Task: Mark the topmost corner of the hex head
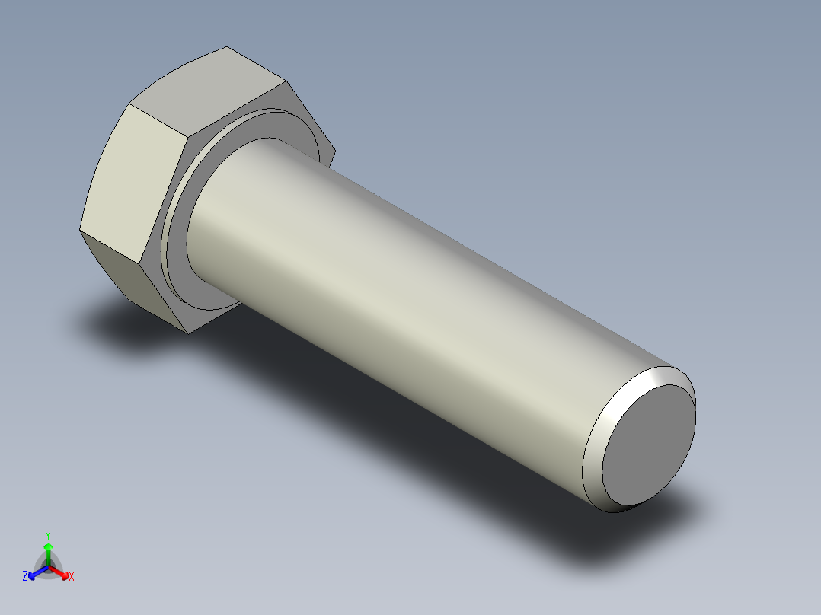click(227, 47)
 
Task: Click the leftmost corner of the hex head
click(80, 228)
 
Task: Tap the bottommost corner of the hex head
click(187, 332)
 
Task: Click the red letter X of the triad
click(72, 576)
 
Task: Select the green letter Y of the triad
click(47, 535)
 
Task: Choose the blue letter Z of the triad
click(25, 576)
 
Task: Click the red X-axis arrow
click(61, 571)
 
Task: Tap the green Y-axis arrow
click(48, 551)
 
